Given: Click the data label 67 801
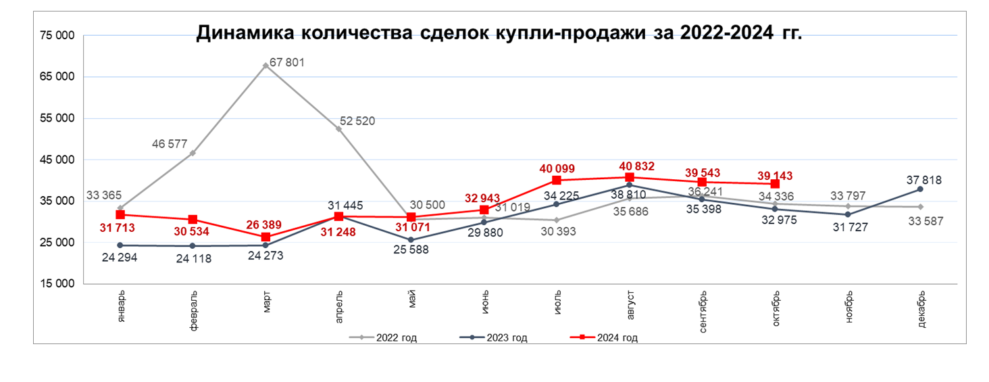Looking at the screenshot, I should pyautogui.click(x=287, y=63).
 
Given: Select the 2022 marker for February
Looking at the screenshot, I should pyautogui.click(x=193, y=153).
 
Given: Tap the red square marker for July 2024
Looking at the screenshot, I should pyautogui.click(x=557, y=180).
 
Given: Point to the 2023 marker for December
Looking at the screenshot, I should pyautogui.click(x=921, y=189).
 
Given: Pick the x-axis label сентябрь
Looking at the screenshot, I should pyautogui.click(x=703, y=312).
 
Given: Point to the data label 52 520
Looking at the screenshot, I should pyautogui.click(x=356, y=122).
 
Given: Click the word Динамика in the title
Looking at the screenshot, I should pyautogui.click(x=243, y=34).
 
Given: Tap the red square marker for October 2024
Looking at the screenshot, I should pyautogui.click(x=775, y=184).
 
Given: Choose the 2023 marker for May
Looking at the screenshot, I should pyautogui.click(x=411, y=240).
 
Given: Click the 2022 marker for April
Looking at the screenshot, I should pyautogui.click(x=338, y=128).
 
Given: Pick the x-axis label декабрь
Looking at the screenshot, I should pyautogui.click(x=921, y=310).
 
